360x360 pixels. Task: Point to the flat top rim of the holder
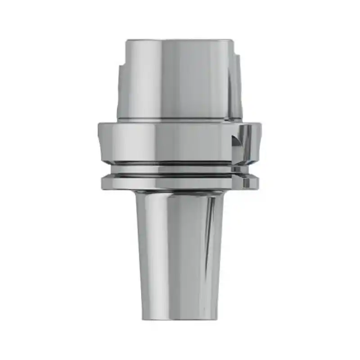[x=180, y=41]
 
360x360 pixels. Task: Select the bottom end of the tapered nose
[x=180, y=318]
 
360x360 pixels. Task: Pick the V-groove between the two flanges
[x=180, y=170]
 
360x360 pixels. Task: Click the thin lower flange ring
[x=180, y=182]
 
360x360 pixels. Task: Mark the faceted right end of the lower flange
[x=252, y=182]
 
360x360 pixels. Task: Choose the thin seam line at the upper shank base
[x=180, y=120]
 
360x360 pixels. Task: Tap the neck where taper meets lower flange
[x=180, y=193]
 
